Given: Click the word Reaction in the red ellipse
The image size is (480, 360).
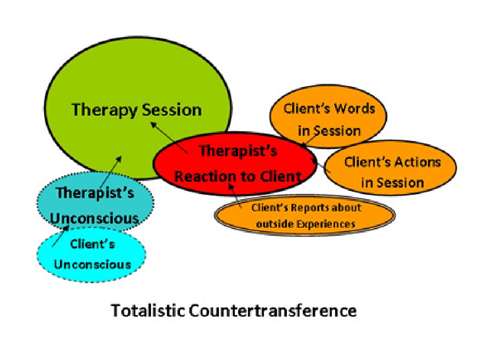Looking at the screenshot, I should pyautogui.click(x=206, y=176).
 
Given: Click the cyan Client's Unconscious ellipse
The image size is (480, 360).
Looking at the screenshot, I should pyautogui.click(x=91, y=255).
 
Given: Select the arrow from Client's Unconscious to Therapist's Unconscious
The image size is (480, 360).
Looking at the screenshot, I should pyautogui.click(x=60, y=236).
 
